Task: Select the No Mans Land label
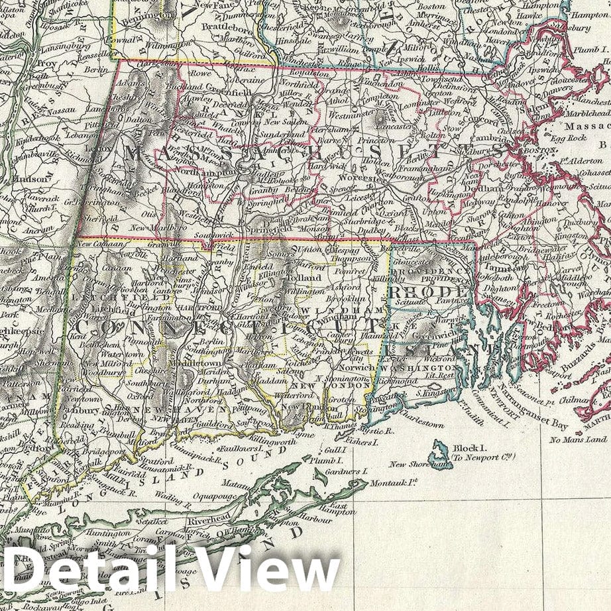point(578,439)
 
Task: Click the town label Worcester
point(361,180)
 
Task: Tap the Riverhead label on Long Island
point(207,522)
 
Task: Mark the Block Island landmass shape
point(438,455)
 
